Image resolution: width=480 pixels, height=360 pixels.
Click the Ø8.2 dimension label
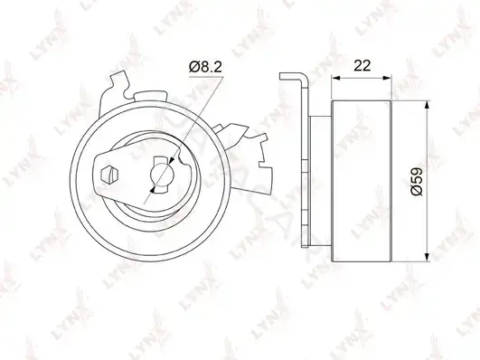[x=205, y=67]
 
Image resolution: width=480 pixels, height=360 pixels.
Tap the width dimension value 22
[x=362, y=65]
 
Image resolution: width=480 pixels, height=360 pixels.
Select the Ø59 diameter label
[x=417, y=181]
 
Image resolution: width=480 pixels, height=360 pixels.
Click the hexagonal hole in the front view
[x=109, y=175]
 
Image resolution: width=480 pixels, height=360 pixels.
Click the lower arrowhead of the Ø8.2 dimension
[x=154, y=188]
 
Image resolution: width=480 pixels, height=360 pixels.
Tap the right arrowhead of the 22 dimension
[x=387, y=78]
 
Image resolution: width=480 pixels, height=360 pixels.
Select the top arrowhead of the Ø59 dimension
[x=428, y=105]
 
